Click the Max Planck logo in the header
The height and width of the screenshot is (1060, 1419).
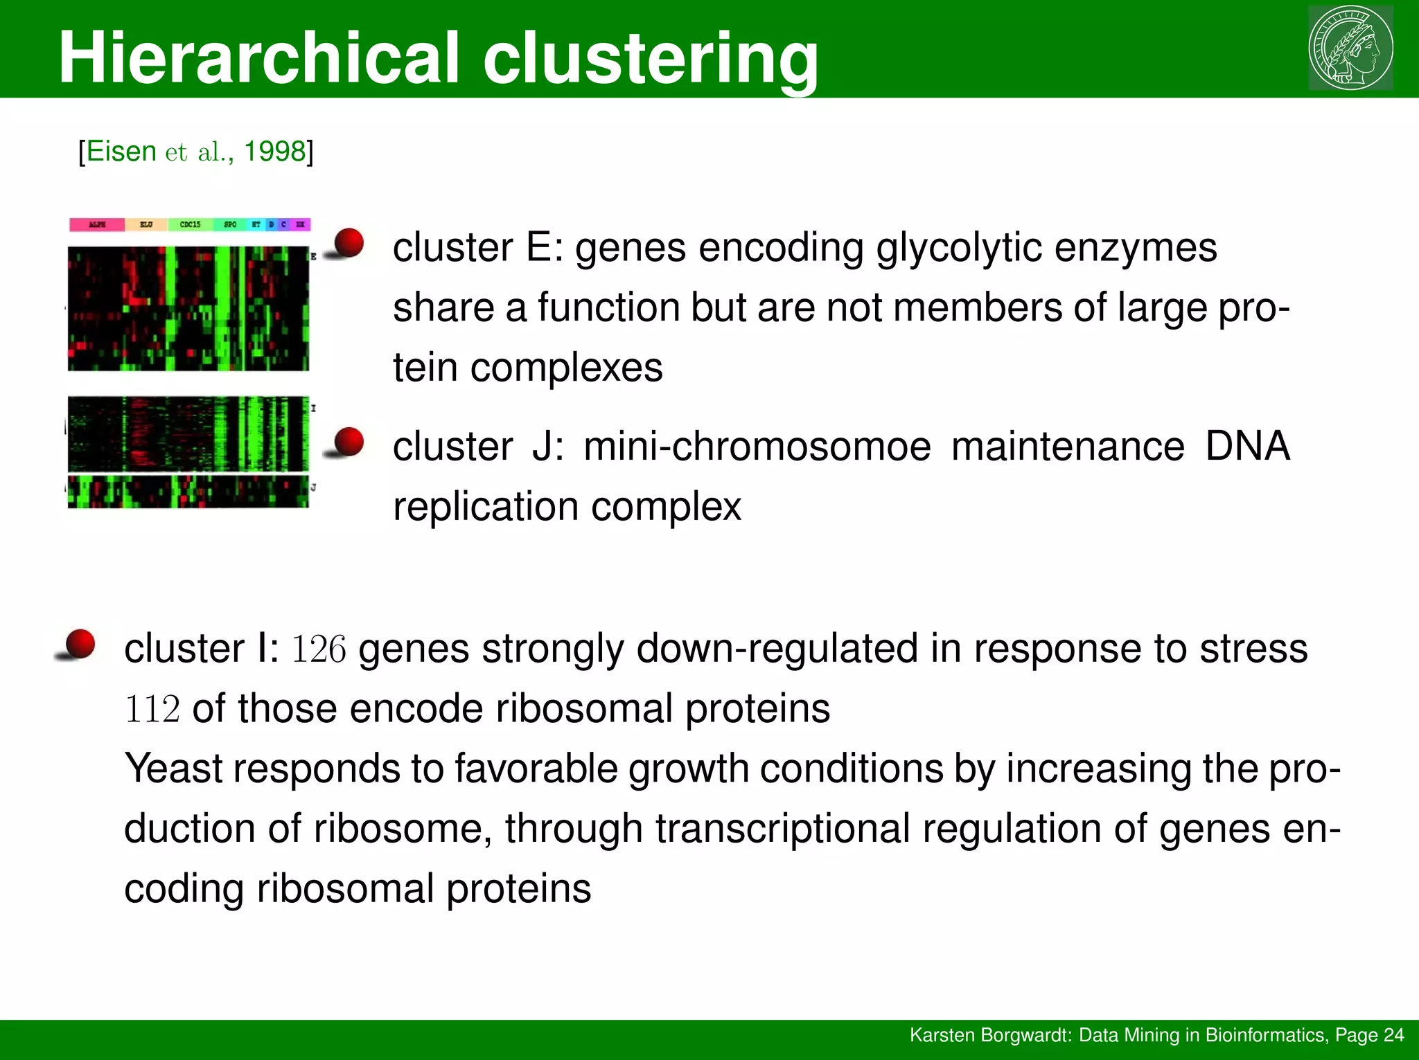tap(1350, 48)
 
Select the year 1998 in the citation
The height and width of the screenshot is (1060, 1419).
tap(275, 151)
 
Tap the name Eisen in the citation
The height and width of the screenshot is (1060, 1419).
tap(121, 151)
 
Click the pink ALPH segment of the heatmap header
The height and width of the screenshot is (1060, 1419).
tap(97, 224)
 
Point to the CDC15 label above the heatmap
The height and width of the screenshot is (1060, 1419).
tap(190, 224)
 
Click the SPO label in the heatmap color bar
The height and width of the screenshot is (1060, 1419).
tap(230, 224)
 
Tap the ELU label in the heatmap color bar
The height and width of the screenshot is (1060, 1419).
tap(146, 224)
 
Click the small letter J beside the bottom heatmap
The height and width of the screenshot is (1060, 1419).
tap(313, 488)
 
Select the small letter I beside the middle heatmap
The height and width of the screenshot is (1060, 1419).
tap(313, 408)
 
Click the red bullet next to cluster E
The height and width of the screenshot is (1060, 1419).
tap(349, 243)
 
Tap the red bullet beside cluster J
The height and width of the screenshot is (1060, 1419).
tap(349, 442)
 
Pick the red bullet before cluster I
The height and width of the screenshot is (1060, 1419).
tap(80, 644)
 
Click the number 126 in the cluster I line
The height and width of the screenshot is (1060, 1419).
tap(318, 649)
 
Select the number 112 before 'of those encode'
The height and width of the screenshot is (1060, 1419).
tap(152, 710)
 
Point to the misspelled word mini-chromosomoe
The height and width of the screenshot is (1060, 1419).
tap(757, 447)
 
